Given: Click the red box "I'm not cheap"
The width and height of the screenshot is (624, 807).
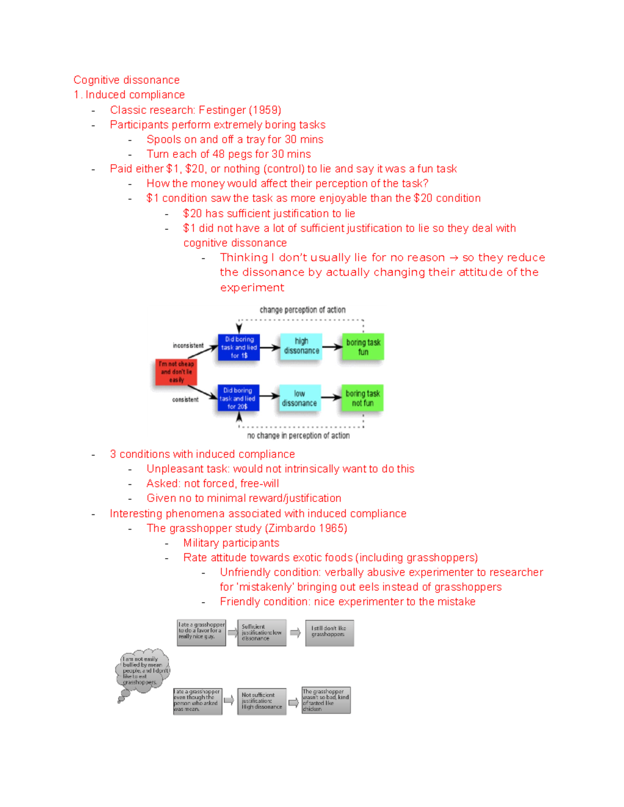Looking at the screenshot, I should [x=176, y=372].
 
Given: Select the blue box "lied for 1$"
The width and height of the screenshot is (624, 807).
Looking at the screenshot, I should [x=239, y=347].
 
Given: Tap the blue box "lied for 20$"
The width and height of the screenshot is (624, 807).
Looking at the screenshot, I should [x=238, y=398].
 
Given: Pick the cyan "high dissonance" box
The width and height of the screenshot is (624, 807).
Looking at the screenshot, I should [x=301, y=346].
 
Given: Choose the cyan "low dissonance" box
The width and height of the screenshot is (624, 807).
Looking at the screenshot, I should [x=299, y=398].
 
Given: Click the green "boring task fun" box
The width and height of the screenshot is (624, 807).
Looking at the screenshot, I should [x=363, y=347].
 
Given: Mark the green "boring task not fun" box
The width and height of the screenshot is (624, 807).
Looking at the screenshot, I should [x=362, y=398].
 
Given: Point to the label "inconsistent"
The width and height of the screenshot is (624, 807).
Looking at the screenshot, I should [x=188, y=346].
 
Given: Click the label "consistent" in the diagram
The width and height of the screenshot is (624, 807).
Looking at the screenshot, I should [x=185, y=400].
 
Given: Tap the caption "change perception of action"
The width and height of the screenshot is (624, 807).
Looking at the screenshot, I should [x=302, y=310].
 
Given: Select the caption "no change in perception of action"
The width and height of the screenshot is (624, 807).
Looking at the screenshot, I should [x=298, y=435].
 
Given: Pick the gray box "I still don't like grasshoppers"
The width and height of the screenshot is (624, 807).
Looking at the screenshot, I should [x=329, y=632].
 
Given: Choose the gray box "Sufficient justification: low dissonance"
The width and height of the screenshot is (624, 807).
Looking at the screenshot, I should [x=262, y=632].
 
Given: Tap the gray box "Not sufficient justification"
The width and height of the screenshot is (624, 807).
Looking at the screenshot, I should [x=262, y=701].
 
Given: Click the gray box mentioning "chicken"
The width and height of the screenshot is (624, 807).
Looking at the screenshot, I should [x=326, y=700].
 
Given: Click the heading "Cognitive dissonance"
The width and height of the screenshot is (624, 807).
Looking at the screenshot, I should [x=126, y=80].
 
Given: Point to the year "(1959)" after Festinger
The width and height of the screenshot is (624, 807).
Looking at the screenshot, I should [x=265, y=110].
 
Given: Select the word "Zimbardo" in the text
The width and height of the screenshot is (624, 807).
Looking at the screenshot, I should [x=292, y=528].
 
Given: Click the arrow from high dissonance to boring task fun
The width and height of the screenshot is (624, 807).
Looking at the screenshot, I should [x=332, y=347].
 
